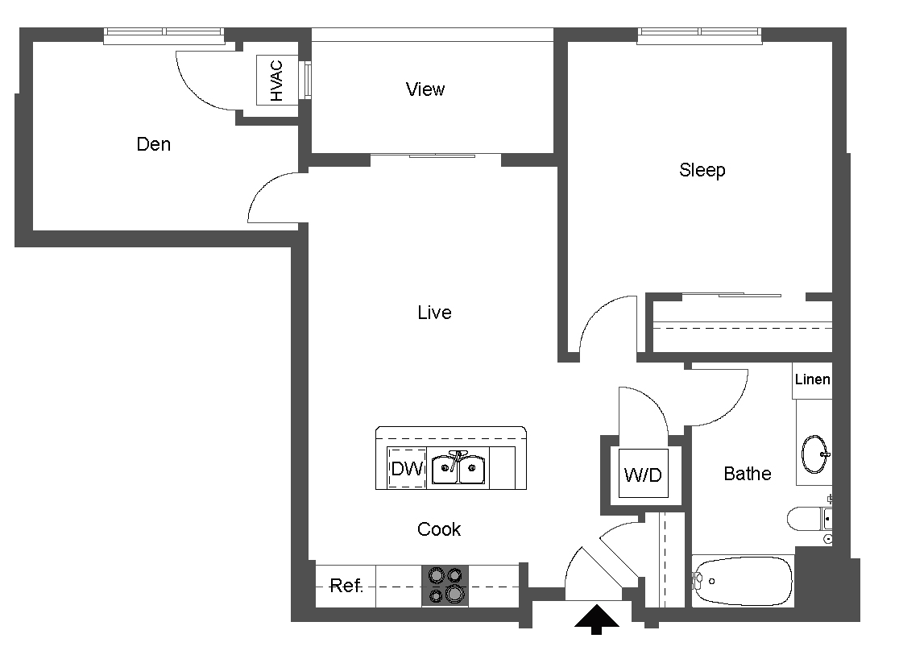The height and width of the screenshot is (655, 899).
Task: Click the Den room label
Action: (153, 145)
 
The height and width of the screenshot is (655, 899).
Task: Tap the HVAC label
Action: (277, 81)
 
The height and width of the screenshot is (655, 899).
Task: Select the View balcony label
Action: (425, 89)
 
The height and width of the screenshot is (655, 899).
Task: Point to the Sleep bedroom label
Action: (702, 170)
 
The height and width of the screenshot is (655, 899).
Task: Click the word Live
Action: (434, 313)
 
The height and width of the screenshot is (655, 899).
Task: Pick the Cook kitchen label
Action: (439, 529)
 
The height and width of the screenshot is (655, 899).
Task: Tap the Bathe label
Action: (747, 474)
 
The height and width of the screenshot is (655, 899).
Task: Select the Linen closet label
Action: (812, 379)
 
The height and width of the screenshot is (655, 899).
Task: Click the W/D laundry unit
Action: (642, 475)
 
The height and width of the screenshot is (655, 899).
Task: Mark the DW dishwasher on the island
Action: (408, 469)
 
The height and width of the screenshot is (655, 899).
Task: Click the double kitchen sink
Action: (458, 469)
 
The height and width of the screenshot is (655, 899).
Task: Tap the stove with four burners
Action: (445, 586)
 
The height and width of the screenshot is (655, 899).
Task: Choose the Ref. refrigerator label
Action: (346, 586)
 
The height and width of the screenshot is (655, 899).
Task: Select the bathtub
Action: (743, 580)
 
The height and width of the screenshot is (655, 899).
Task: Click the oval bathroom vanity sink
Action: (814, 454)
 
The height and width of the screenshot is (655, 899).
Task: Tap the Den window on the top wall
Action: (164, 32)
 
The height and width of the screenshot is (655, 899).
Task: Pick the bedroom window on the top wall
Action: (699, 32)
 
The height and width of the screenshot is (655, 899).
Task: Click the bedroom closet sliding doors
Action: (731, 296)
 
